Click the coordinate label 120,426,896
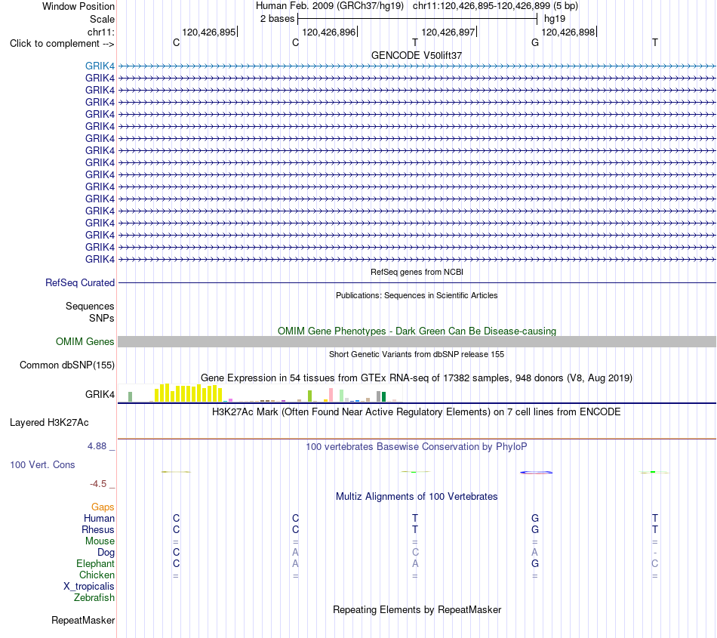(329, 32)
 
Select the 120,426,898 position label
(568, 32)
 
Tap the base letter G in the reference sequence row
(535, 42)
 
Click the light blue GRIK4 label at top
(100, 66)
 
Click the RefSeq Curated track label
(80, 282)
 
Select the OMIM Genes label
(85, 341)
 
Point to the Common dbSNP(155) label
(67, 365)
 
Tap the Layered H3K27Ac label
(49, 423)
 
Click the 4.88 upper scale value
(97, 446)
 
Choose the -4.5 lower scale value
(98, 483)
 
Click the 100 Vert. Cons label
(42, 464)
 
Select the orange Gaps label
(103, 507)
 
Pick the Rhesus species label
(98, 529)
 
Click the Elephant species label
(96, 563)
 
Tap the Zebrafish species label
(94, 598)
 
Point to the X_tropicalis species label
(89, 587)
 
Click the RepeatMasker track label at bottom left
(83, 620)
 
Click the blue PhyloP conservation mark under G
(536, 473)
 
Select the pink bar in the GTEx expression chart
(331, 395)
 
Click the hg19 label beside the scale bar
(555, 19)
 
